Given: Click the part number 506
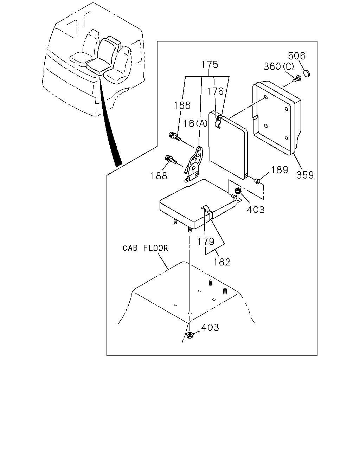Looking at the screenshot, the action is [296, 56].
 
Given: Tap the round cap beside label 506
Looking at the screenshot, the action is [307, 73].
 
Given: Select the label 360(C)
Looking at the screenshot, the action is [279, 66].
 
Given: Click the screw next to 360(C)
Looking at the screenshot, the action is [298, 79].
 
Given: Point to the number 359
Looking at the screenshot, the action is [305, 175].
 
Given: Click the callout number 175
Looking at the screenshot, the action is [210, 64].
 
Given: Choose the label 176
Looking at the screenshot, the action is [215, 91].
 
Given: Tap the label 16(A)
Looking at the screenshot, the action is [195, 124].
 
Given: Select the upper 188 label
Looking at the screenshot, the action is [182, 105].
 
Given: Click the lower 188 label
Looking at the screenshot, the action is [159, 176].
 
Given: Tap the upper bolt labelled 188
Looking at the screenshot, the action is [174, 136].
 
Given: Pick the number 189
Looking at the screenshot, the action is [280, 170].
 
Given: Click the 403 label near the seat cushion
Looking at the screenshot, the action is [256, 209].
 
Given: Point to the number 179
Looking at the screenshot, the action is [206, 242].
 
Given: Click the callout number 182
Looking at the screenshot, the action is [222, 262].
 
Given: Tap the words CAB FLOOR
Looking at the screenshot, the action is [145, 248].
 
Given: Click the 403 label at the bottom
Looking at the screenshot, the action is [210, 327].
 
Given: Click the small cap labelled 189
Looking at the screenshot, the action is [257, 181].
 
